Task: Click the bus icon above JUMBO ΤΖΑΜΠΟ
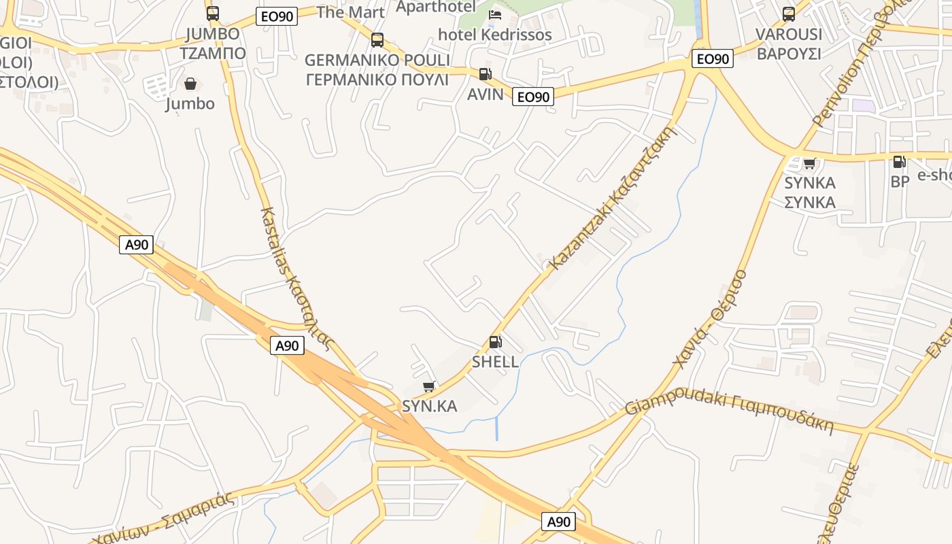(x=213, y=13)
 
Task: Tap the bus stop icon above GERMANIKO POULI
(x=377, y=39)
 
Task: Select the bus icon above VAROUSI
(x=789, y=14)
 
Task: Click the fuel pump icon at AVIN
(x=485, y=74)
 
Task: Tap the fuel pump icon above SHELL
(x=496, y=342)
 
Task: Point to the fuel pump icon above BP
(x=899, y=162)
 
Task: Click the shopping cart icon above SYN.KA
(x=429, y=387)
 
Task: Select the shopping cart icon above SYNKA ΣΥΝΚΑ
(x=809, y=163)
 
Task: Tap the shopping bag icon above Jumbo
(x=190, y=84)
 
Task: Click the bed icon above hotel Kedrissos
(x=495, y=14)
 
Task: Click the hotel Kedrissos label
(x=495, y=35)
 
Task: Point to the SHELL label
(x=496, y=362)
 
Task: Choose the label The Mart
(x=351, y=12)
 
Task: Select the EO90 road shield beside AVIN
(x=533, y=97)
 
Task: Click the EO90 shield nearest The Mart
(x=277, y=17)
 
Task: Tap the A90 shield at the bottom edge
(x=559, y=522)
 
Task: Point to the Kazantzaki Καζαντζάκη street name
(x=613, y=197)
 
